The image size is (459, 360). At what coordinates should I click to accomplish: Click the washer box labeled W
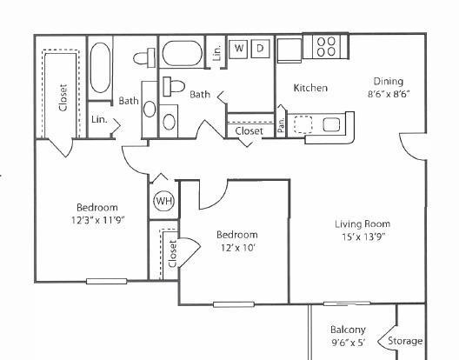[x=238, y=49]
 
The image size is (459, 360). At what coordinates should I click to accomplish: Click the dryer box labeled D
[x=260, y=49]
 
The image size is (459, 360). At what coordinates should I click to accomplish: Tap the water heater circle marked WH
[x=164, y=201]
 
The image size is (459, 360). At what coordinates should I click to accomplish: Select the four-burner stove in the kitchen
[x=326, y=47]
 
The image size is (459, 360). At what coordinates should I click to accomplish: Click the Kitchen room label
[x=310, y=88]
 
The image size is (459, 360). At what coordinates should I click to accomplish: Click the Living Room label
[x=363, y=224]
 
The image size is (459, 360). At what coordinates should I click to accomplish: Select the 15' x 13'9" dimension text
[x=363, y=237]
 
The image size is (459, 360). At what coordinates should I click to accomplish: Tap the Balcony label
[x=348, y=330]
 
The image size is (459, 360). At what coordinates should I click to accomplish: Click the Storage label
[x=405, y=341]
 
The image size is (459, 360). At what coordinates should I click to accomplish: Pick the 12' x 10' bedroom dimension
[x=238, y=248]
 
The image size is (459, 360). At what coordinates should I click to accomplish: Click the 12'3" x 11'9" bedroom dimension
[x=98, y=220]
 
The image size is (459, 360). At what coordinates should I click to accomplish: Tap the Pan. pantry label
[x=281, y=125]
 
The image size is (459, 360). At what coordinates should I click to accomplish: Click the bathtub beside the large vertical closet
[x=100, y=68]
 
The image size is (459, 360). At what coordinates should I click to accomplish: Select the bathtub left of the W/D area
[x=182, y=53]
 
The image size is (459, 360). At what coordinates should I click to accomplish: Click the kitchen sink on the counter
[x=331, y=124]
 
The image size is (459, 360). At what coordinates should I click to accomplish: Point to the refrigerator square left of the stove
[x=289, y=50]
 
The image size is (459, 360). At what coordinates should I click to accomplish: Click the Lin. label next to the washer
[x=217, y=53]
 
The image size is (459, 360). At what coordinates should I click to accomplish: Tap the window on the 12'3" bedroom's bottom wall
[x=107, y=282]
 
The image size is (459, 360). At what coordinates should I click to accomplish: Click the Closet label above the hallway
[x=249, y=131]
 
